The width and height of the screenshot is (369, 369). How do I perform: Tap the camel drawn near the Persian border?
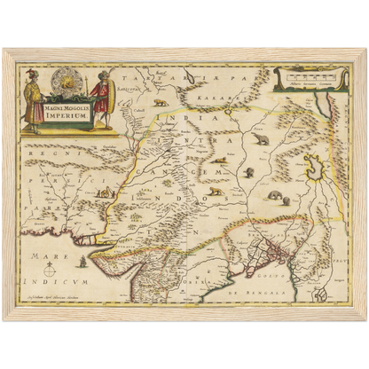pos(106,192)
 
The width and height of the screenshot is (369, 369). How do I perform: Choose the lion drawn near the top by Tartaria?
pos(160,103)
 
